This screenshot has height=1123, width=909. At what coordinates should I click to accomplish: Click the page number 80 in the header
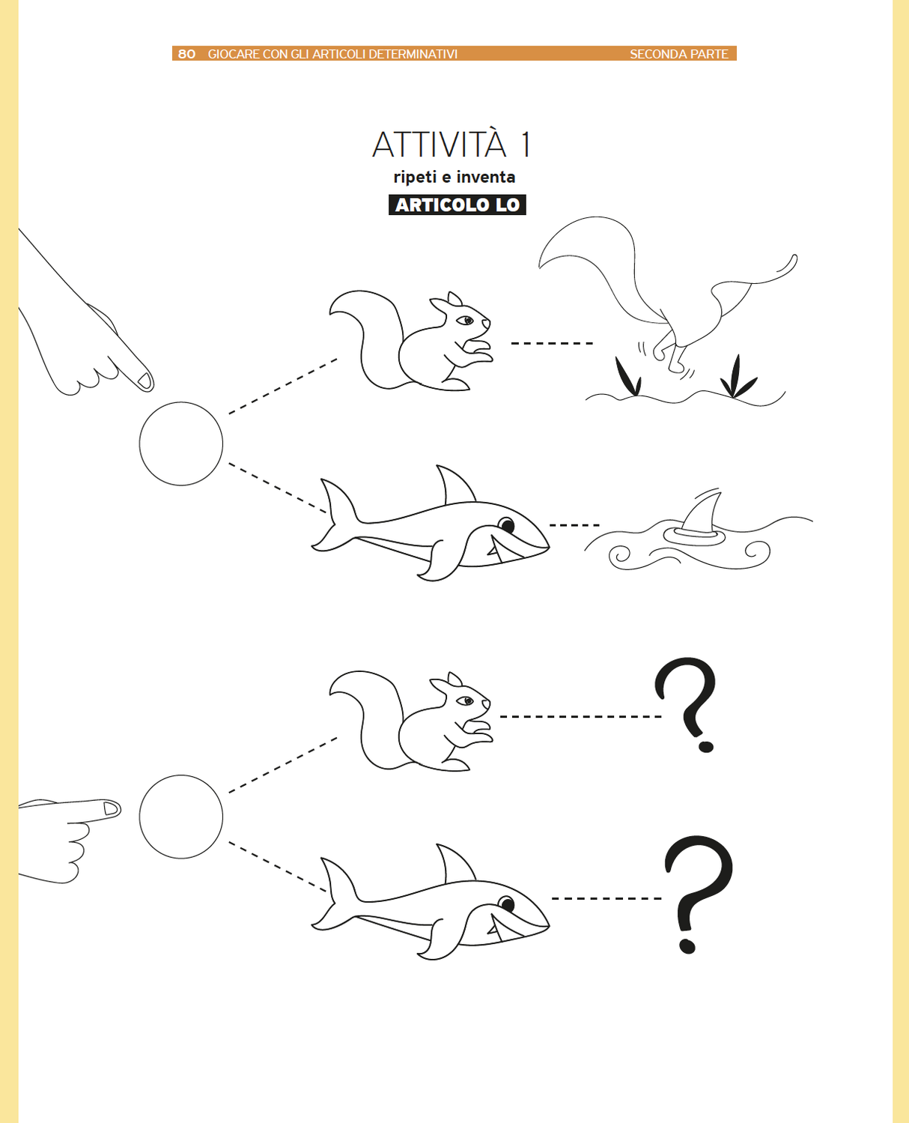[x=186, y=54]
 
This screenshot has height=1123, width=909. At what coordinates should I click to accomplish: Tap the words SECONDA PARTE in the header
[x=678, y=54]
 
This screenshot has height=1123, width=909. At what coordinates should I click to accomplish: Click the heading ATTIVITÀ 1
[x=452, y=145]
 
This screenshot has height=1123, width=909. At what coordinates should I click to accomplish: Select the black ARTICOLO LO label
[x=457, y=205]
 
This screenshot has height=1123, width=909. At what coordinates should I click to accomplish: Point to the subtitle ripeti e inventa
[x=454, y=178]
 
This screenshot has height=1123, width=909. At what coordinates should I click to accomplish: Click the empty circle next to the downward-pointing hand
[x=181, y=444]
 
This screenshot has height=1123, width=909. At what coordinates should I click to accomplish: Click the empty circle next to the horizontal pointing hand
[x=181, y=817]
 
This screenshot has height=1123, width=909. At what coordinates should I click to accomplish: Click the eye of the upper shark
[x=507, y=524]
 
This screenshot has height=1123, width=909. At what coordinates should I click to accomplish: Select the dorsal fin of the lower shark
[x=454, y=864]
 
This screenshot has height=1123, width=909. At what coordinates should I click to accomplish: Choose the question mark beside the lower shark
[x=697, y=892]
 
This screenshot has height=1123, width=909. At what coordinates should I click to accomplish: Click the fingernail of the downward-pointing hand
[x=145, y=381]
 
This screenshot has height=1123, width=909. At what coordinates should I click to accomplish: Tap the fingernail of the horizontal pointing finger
[x=111, y=808]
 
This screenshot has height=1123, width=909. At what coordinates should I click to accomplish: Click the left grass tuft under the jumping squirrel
[x=627, y=377]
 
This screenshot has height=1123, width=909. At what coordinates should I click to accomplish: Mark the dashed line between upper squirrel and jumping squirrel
[x=552, y=343]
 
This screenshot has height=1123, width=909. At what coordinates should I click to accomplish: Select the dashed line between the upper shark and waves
[x=574, y=525]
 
